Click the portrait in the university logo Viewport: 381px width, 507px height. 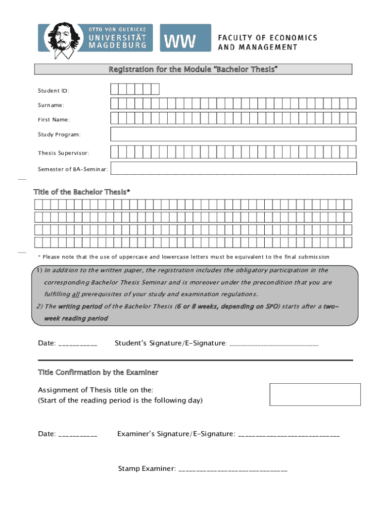click(x=62, y=38)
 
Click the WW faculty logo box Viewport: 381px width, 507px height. click(x=178, y=38)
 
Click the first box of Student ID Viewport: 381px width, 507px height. click(x=115, y=89)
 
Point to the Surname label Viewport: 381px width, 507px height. click(x=51, y=105)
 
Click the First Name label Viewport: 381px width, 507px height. click(x=54, y=120)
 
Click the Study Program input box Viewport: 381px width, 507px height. click(x=233, y=135)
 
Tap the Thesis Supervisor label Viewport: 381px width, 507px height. click(x=63, y=153)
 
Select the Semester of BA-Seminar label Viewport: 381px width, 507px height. click(x=73, y=169)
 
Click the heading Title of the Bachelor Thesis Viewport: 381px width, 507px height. click(x=82, y=192)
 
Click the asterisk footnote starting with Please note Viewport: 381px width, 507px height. click(x=183, y=257)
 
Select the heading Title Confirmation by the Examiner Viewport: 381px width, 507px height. click(x=98, y=372)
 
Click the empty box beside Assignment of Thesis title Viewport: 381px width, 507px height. click(x=315, y=394)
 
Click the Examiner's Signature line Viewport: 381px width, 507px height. click(x=289, y=435)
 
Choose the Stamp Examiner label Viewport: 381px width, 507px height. click(x=146, y=468)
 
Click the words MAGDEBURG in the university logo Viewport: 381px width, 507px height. click(x=117, y=45)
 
